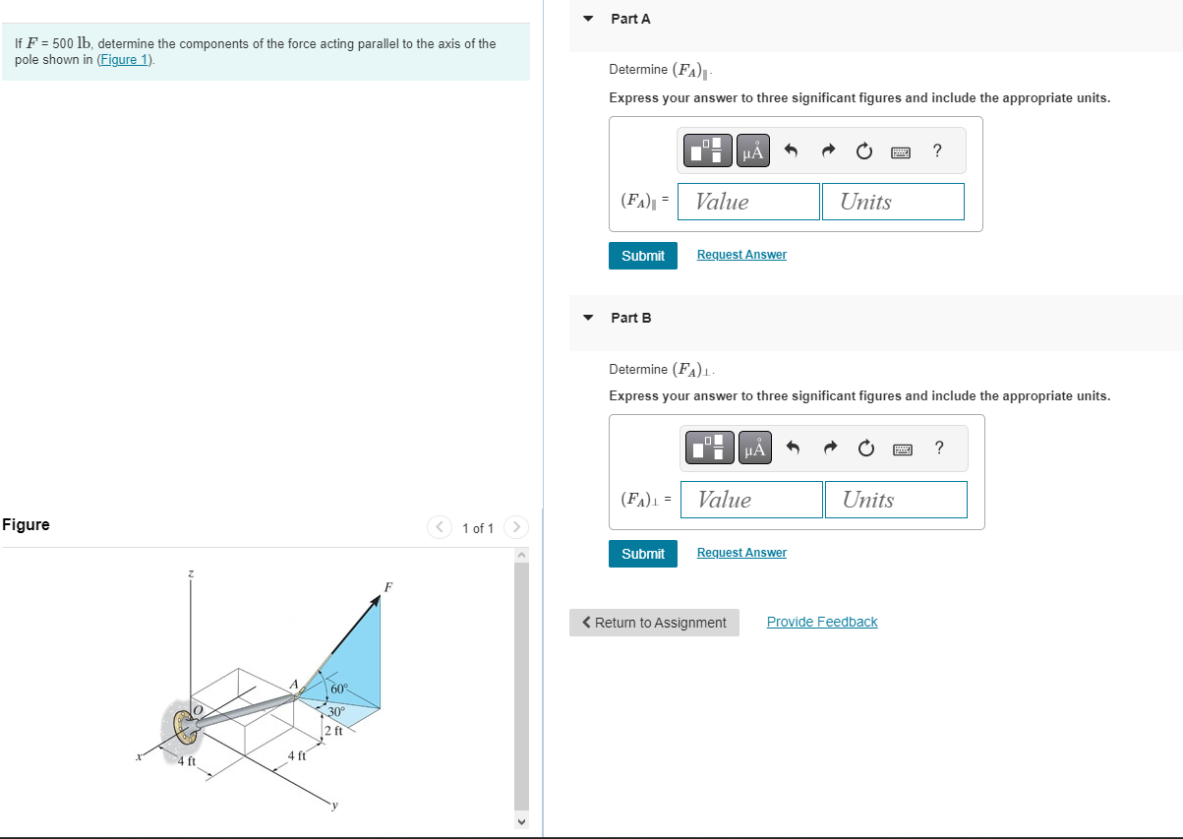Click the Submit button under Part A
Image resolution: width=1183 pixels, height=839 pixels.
[x=643, y=256]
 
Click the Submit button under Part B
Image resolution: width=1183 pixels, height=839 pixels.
[x=643, y=554]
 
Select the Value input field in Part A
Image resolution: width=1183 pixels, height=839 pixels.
[x=749, y=202]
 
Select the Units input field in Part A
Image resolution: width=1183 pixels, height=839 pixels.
[x=893, y=202]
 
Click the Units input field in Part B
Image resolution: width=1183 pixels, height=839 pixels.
[x=896, y=500]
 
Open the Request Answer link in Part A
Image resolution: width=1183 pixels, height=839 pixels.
[x=741, y=255]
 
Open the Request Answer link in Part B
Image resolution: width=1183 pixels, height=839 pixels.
[x=741, y=553]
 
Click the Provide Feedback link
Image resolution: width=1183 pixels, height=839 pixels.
[x=822, y=622]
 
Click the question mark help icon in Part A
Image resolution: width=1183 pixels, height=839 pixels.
[x=937, y=150]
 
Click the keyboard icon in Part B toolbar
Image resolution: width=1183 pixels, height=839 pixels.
[x=903, y=449]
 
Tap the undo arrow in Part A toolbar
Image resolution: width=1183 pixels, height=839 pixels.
[x=791, y=151]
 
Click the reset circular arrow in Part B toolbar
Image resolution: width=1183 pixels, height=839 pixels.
[x=865, y=449]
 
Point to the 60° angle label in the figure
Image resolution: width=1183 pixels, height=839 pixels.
[x=339, y=688]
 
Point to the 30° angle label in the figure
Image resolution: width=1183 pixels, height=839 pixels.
[x=335, y=711]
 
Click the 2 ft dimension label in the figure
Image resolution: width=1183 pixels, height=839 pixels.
[x=333, y=731]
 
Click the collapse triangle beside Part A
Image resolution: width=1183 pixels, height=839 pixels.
[x=588, y=19]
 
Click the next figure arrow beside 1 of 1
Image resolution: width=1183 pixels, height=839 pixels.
[x=516, y=527]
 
